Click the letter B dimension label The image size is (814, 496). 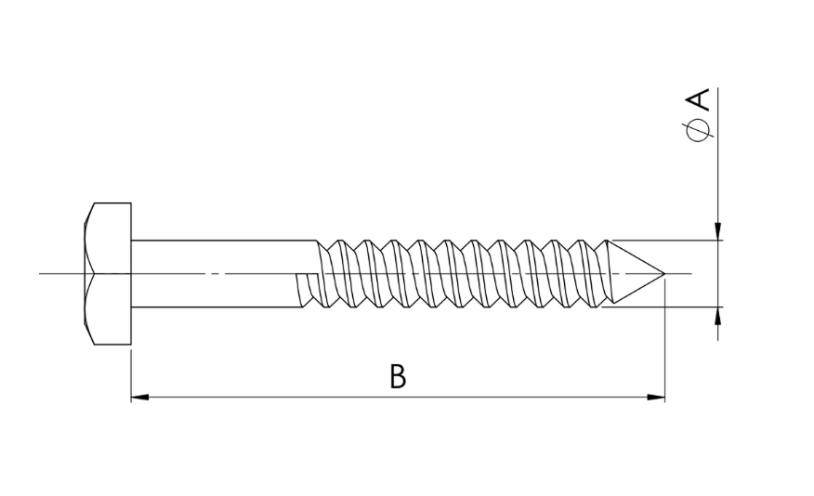398,377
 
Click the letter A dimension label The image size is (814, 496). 700,99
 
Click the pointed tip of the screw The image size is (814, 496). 664,273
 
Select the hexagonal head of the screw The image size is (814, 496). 108,273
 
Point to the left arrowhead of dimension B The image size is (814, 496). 139,398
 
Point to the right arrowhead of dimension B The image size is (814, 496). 656,398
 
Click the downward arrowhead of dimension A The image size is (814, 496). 718,231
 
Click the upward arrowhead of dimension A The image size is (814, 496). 718,316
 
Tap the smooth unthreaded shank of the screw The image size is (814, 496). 218,273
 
